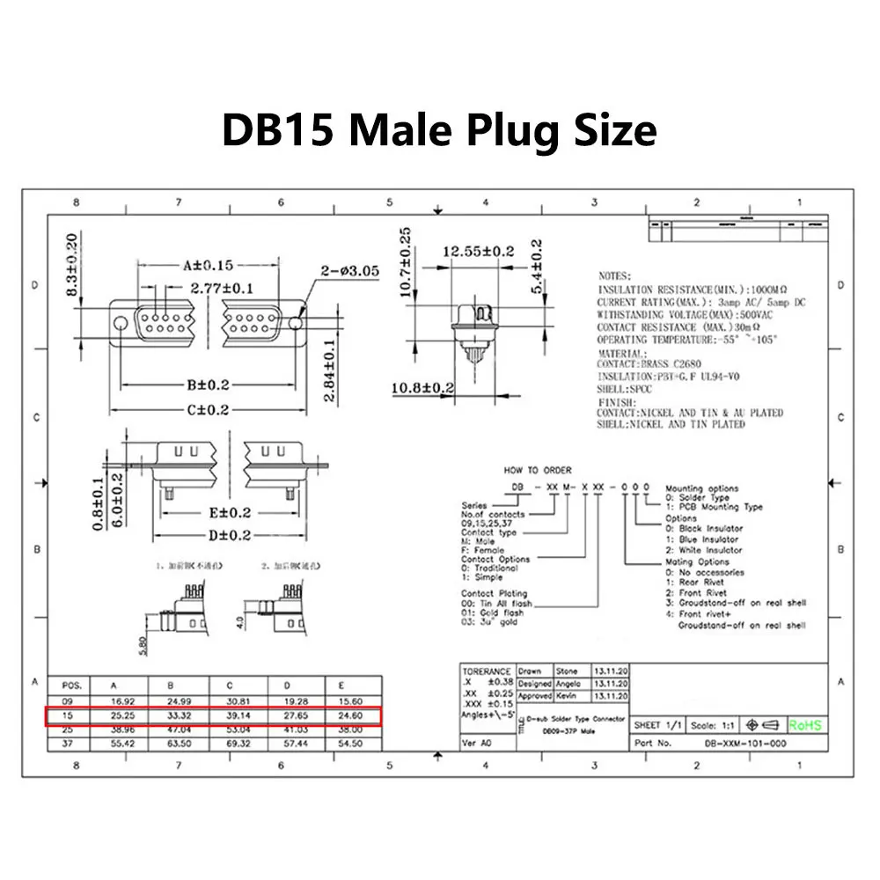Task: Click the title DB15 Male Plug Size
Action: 438,129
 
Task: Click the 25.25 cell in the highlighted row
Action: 122,716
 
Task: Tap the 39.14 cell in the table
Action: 238,716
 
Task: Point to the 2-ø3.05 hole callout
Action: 349,271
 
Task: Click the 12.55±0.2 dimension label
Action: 479,252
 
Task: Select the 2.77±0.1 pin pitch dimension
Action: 222,288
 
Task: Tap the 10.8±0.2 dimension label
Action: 423,386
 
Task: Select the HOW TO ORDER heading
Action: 538,471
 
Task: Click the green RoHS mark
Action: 805,725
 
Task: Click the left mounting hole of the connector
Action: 120,321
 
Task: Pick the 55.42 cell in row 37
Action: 122,744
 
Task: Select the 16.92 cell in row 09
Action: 122,701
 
